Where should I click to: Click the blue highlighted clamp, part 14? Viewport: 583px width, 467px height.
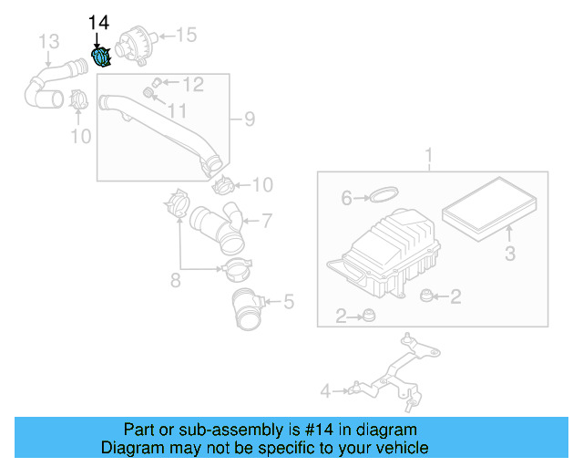[x=102, y=57]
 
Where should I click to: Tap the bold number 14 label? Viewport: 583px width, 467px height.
[x=97, y=22]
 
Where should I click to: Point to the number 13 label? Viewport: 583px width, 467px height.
[x=48, y=40]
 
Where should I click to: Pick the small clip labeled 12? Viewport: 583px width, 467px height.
[x=156, y=83]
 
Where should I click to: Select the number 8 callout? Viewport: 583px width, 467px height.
[x=177, y=280]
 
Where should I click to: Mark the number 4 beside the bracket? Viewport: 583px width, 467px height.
[x=324, y=391]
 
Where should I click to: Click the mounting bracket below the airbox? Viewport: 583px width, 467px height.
[x=392, y=369]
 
